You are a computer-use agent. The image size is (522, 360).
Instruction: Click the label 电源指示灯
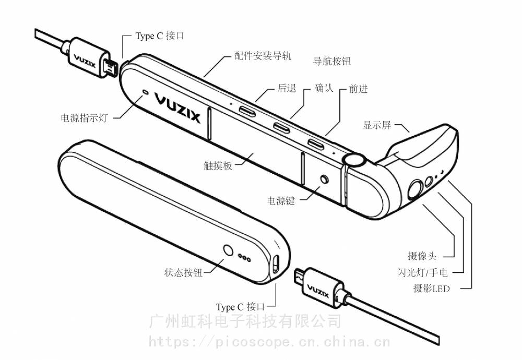pos(85,118)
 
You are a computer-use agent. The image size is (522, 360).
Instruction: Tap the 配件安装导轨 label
pos(263,55)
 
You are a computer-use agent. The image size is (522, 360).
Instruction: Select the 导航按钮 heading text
pos(332,61)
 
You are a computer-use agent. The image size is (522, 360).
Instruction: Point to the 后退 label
pos(287,88)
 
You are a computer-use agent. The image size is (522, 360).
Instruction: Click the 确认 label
pos(324,88)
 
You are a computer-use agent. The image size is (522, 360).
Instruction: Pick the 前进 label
pos(358,89)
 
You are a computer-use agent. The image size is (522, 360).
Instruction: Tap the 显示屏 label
pos(377,125)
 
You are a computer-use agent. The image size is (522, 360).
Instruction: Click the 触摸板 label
pos(218,165)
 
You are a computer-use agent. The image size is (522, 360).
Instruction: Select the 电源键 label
pos(281,201)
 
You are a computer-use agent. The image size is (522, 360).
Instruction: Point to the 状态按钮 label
pos(183,272)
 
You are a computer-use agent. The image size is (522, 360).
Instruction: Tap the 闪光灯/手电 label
pos(422,272)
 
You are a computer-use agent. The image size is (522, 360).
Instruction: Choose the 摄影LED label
pos(432,288)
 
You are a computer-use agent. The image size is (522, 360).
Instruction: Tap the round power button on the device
pos(324,179)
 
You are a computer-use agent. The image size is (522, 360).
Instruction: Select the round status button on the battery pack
pos(228,250)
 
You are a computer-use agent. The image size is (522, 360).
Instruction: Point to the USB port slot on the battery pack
pos(276,264)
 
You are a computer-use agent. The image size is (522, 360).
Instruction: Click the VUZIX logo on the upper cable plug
pos(85,61)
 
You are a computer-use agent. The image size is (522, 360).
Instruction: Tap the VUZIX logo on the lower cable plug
pos(318,292)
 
